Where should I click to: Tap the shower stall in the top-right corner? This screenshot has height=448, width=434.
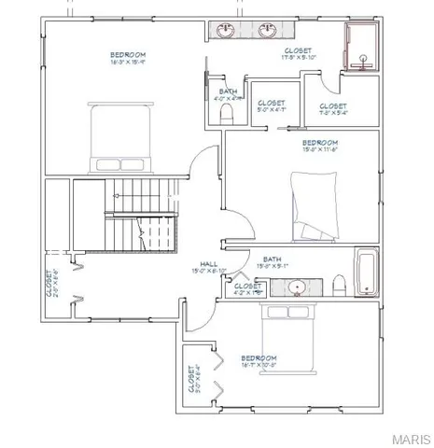360,48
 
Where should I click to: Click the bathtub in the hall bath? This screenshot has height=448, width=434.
365,273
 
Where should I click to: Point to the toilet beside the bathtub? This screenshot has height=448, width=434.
340,283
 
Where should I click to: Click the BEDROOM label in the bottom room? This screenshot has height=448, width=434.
259,357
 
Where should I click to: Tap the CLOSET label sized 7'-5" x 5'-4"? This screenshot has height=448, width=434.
332,106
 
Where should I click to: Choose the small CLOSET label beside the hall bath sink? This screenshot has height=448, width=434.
246,286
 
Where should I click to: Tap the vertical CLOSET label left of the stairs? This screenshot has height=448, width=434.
49,282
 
